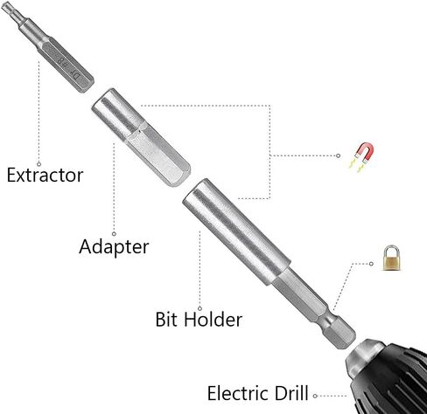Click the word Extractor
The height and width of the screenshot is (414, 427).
[x=45, y=175]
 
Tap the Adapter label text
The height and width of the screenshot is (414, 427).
[x=114, y=247]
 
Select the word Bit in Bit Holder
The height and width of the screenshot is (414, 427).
[x=166, y=319]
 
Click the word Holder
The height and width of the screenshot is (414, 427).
[x=213, y=319]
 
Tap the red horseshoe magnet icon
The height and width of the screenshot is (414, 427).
[x=361, y=156]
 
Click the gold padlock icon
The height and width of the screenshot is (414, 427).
[x=392, y=259]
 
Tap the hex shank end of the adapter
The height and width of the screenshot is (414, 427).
[x=159, y=157]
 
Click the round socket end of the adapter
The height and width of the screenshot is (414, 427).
[x=115, y=112]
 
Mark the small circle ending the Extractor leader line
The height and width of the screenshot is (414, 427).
[x=38, y=164]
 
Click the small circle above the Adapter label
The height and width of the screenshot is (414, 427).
[x=114, y=234]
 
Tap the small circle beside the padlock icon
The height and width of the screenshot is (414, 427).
[x=371, y=264]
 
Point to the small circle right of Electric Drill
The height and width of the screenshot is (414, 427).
[x=315, y=396]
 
